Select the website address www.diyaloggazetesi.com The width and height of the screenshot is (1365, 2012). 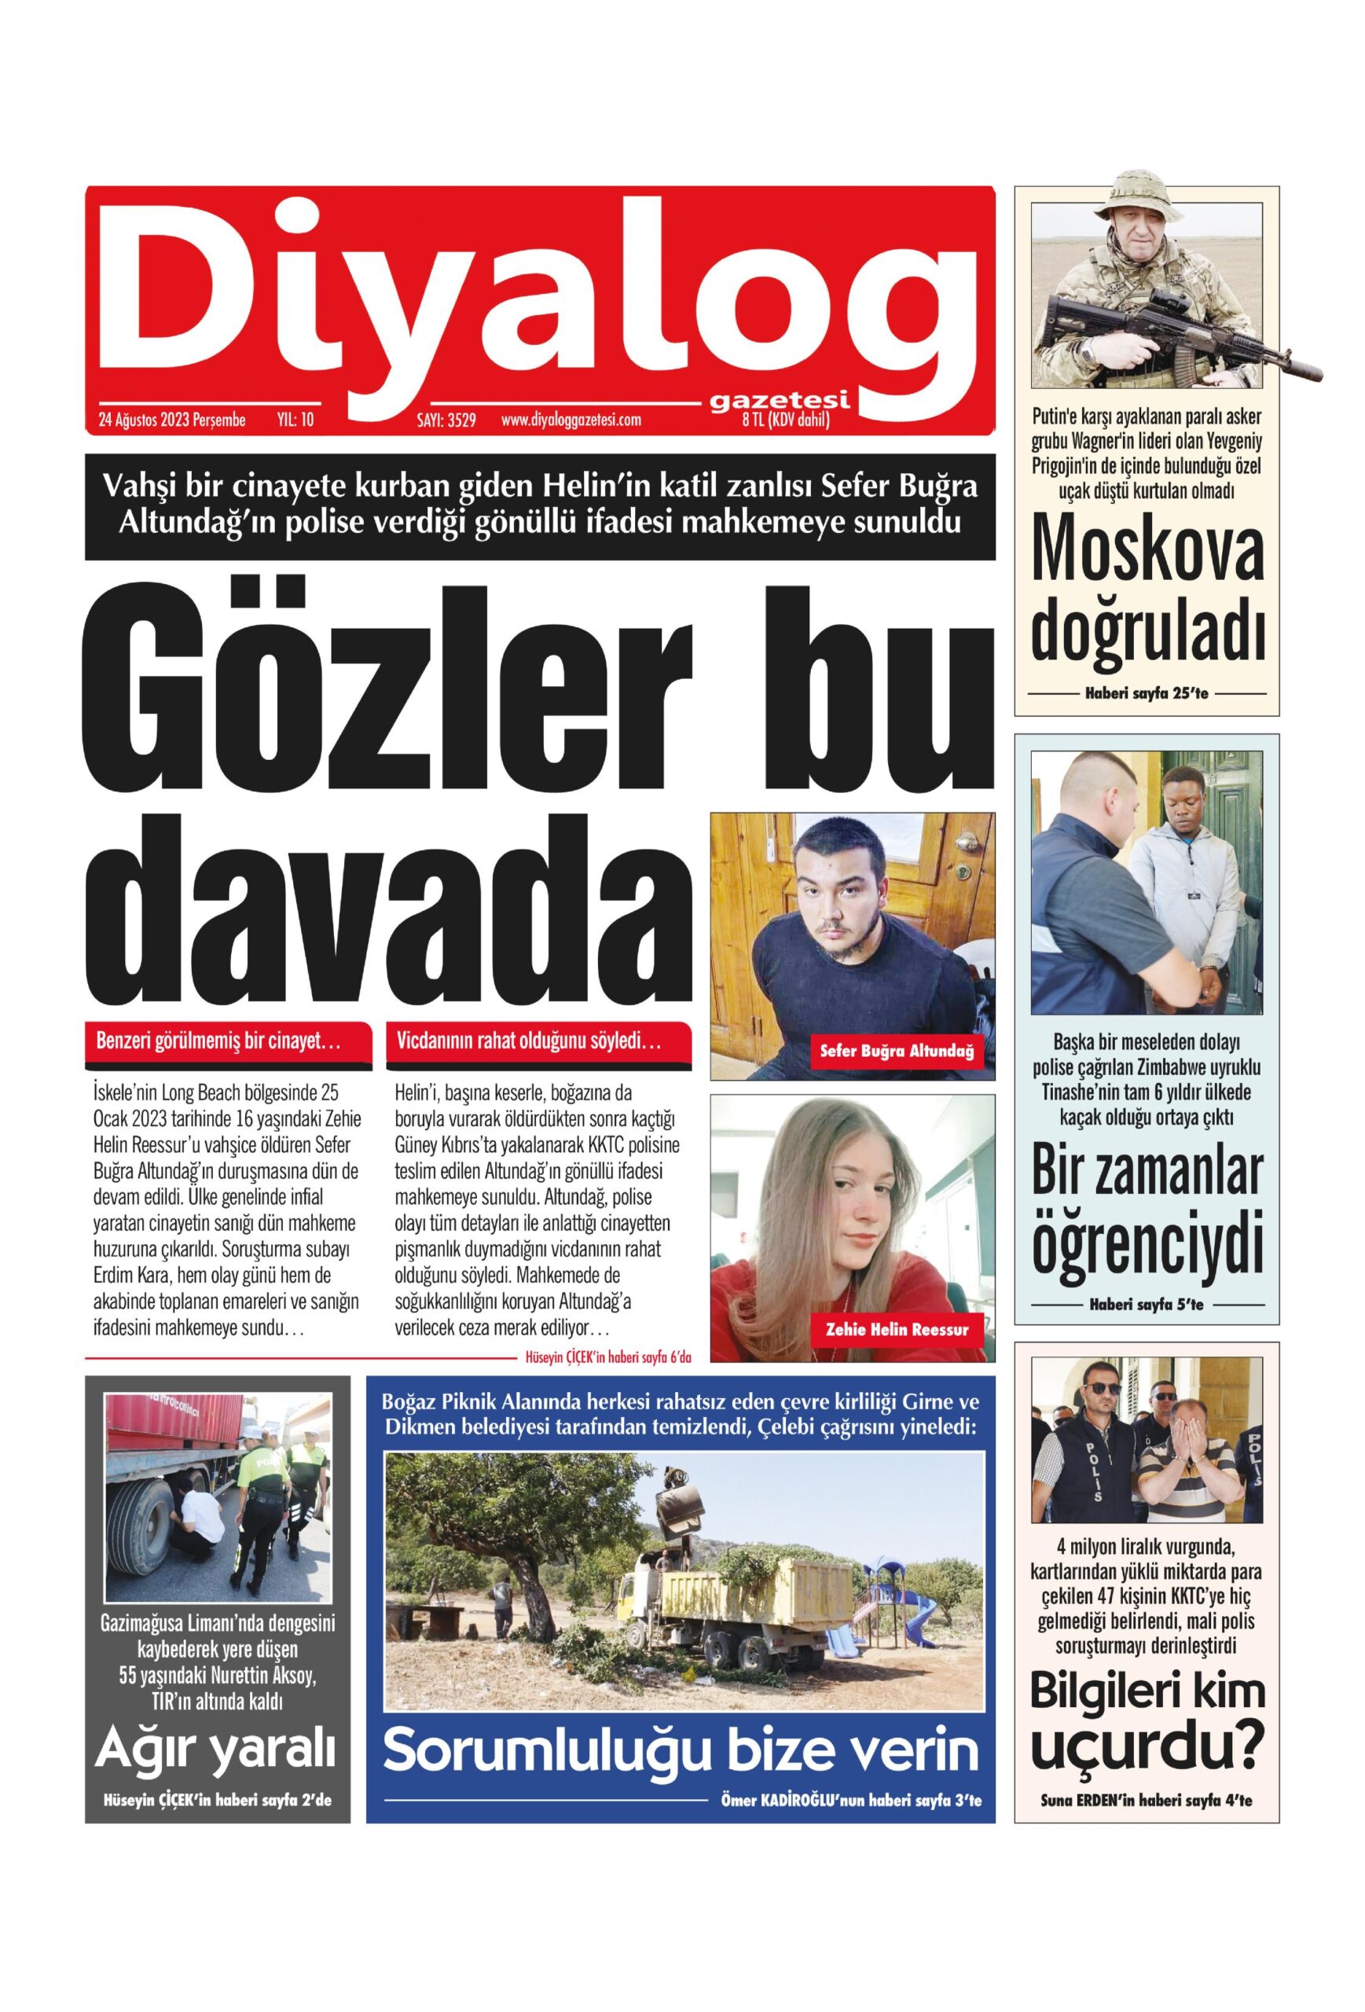[571, 420]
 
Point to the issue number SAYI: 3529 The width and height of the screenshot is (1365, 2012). [446, 421]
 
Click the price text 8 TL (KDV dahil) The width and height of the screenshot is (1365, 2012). [785, 420]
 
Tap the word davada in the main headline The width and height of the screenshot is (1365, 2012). [389, 909]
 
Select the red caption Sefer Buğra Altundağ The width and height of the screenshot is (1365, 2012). [897, 1051]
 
